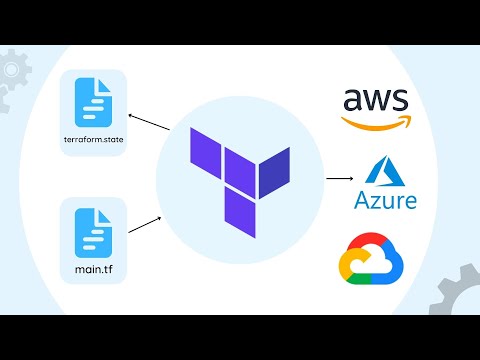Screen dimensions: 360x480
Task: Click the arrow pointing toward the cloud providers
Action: pyautogui.click(x=337, y=179)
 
